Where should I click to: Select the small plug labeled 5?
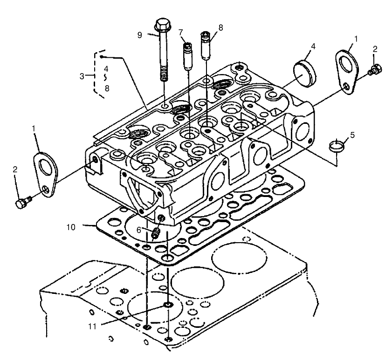tap(337, 146)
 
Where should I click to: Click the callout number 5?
tap(352, 136)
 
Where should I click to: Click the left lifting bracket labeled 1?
tap(46, 170)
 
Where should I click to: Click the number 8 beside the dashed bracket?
tap(107, 88)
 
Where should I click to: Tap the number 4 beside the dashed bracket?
tap(107, 68)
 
